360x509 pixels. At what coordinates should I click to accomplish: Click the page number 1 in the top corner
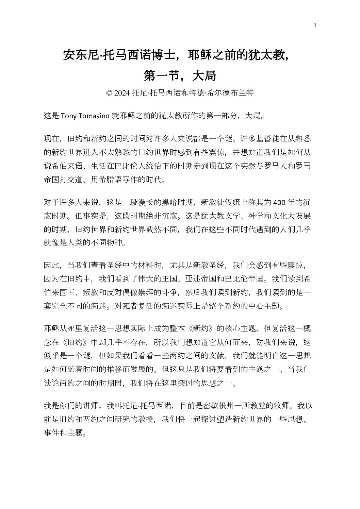[x=315, y=25]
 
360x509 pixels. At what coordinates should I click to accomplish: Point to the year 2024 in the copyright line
[x=122, y=93]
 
